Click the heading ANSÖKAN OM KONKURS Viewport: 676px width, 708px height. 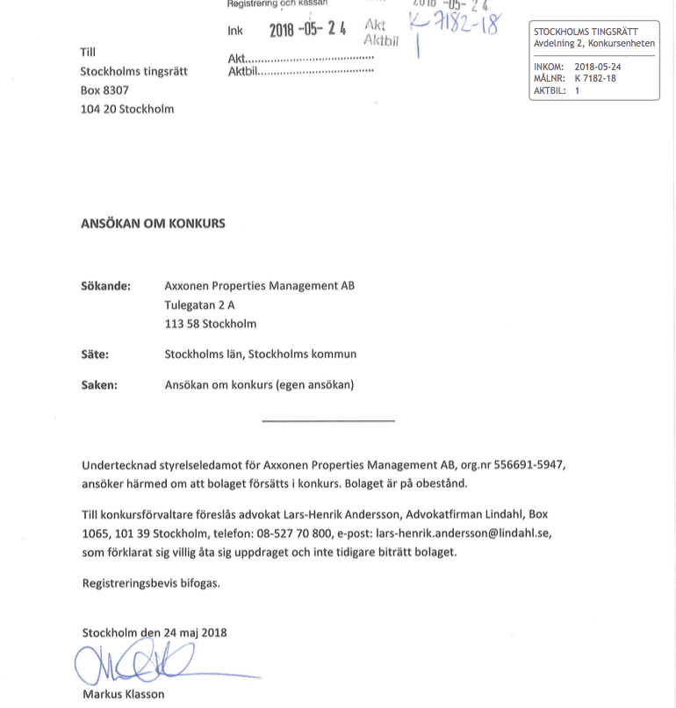(153, 223)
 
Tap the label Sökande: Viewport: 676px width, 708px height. (105, 286)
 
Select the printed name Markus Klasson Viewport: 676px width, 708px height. (123, 694)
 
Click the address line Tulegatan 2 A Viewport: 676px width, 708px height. (199, 304)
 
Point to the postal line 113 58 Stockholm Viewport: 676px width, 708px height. (211, 324)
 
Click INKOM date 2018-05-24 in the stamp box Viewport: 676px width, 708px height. (598, 67)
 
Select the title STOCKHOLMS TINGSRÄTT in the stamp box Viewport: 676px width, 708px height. (586, 32)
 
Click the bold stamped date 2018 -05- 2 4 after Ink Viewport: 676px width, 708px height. (307, 29)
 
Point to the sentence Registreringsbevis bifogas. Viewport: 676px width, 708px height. (151, 583)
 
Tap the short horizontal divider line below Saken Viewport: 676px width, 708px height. (328, 421)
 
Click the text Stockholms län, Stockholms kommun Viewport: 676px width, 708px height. (261, 354)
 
